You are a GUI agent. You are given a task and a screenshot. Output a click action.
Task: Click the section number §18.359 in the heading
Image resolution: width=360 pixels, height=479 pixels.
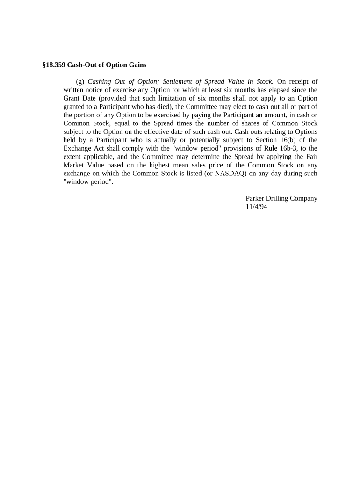coord(54,65)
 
